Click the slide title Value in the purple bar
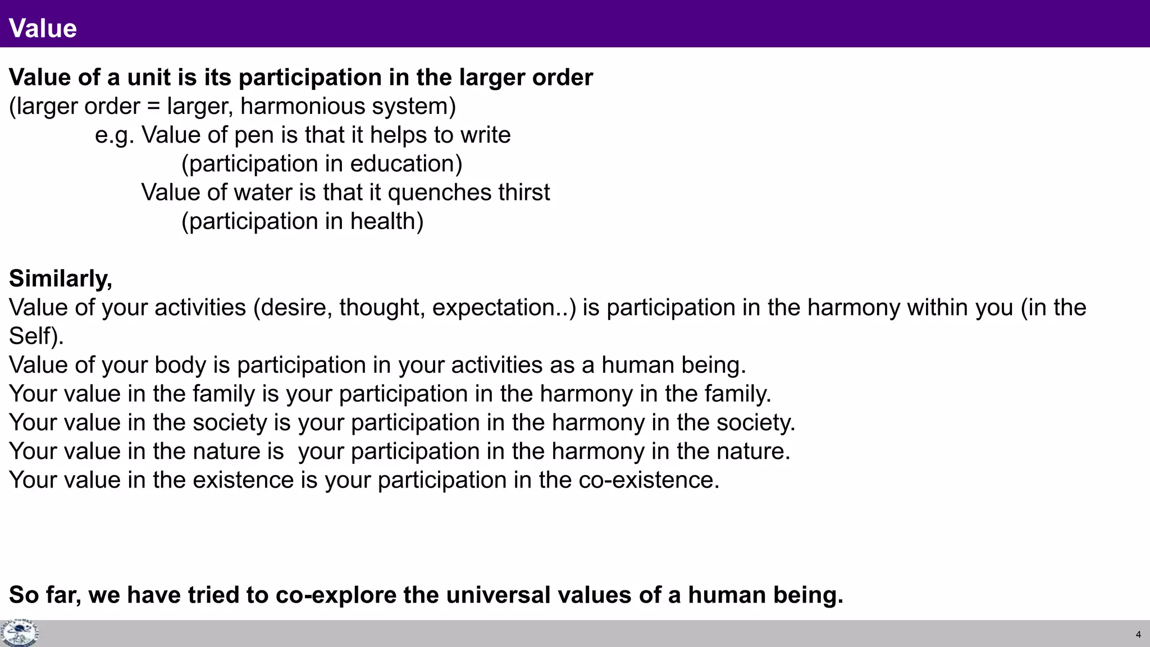(x=43, y=28)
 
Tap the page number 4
(x=1138, y=635)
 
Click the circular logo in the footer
(x=20, y=634)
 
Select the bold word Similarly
(x=59, y=279)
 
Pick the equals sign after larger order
(x=153, y=107)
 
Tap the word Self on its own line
(x=33, y=336)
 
